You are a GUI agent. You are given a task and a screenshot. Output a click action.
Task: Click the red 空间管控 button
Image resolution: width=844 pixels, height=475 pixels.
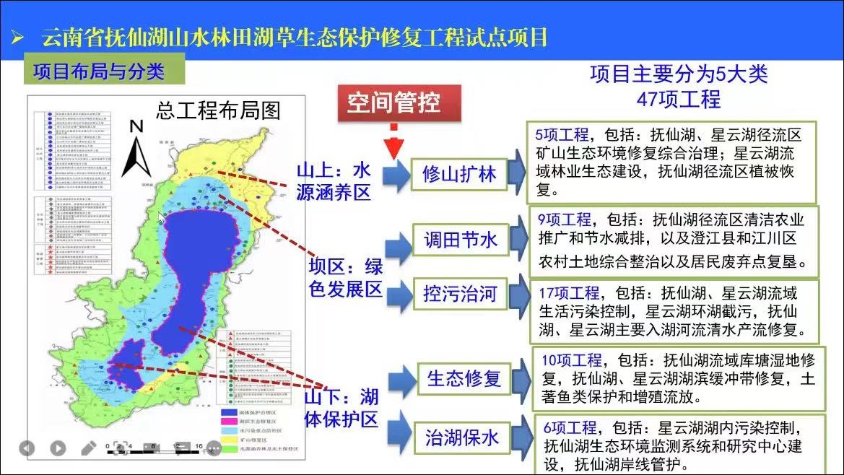(394, 103)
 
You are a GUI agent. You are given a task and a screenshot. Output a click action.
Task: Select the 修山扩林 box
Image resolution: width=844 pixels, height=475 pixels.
(460, 175)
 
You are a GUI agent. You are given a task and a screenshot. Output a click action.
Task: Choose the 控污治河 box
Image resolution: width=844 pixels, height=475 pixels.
(460, 295)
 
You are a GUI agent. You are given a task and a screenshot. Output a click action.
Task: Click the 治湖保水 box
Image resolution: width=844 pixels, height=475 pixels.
(462, 437)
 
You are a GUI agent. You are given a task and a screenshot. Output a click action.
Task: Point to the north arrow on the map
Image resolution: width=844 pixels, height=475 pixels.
(136, 148)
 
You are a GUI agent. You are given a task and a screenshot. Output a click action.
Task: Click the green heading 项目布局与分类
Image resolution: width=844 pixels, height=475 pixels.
(99, 71)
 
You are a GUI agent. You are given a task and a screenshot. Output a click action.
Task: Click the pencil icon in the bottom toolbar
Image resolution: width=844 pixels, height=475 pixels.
(88, 448)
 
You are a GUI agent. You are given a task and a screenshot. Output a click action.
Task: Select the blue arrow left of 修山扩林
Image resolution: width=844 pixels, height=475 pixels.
(396, 175)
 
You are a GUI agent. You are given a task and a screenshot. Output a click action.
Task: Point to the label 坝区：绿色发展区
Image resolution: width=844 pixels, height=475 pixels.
(346, 278)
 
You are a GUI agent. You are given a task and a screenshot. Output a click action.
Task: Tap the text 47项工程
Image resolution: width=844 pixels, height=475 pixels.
(679, 99)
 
